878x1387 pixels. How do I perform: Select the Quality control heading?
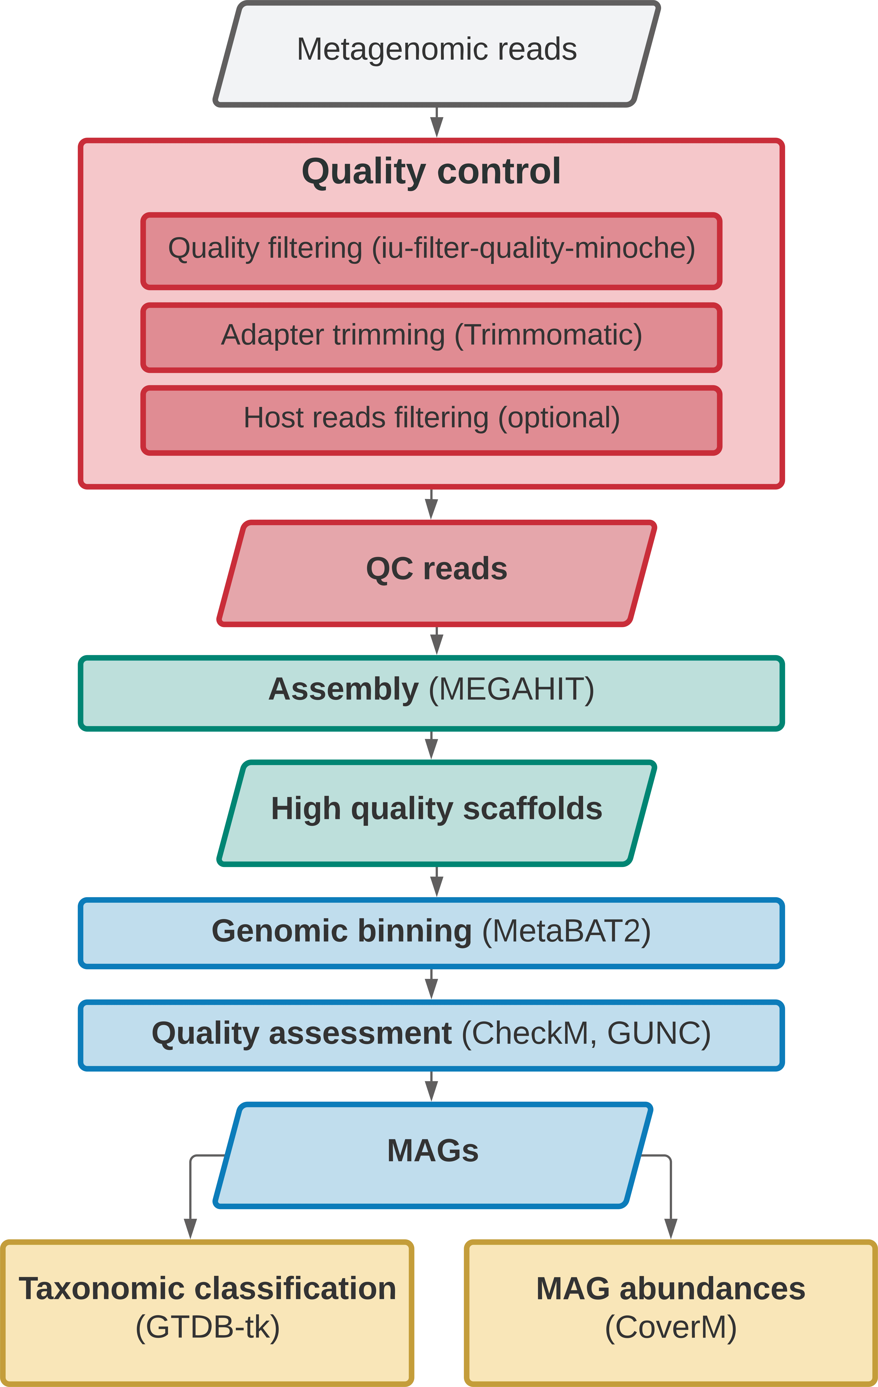(x=431, y=172)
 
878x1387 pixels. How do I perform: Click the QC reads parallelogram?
(x=437, y=573)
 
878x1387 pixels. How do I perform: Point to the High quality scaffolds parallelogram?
(x=437, y=813)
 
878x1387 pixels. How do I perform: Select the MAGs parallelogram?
(x=433, y=1155)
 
